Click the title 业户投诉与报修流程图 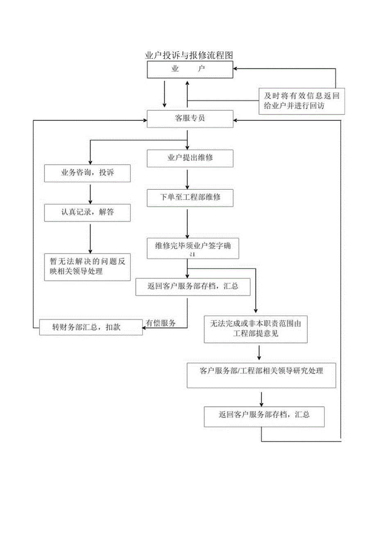click(x=189, y=55)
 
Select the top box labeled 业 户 click(x=190, y=69)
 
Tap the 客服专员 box click(x=190, y=118)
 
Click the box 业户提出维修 click(x=190, y=158)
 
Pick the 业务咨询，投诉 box click(x=87, y=173)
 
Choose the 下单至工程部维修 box click(x=190, y=197)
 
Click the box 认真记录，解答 click(x=87, y=213)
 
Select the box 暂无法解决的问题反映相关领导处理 click(x=87, y=267)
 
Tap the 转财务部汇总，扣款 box click(x=91, y=327)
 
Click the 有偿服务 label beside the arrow click(x=161, y=323)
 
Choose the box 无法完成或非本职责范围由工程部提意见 click(x=256, y=329)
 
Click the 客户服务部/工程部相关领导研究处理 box click(x=261, y=375)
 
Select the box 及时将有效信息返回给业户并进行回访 click(x=302, y=101)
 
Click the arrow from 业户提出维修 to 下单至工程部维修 click(x=187, y=178)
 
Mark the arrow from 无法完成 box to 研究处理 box click(x=259, y=353)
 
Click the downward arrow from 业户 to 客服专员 click(x=164, y=93)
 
